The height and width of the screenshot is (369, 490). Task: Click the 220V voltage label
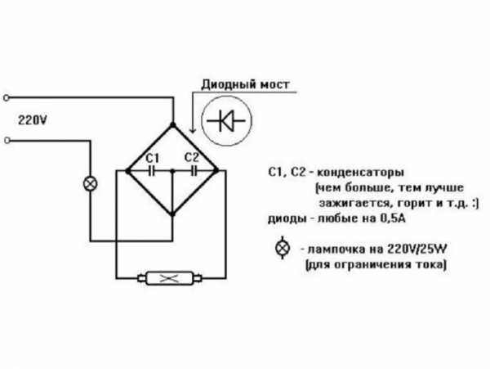tap(33, 120)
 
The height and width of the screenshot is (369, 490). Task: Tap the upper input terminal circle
tap(7, 98)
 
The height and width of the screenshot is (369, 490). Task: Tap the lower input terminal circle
tap(7, 141)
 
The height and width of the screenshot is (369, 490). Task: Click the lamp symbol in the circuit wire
tap(91, 184)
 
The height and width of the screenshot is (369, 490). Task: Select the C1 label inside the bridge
tap(153, 158)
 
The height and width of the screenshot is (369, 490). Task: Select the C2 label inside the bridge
tap(192, 157)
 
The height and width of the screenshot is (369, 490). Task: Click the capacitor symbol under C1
tap(152, 171)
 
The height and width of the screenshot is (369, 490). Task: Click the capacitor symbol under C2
tap(194, 171)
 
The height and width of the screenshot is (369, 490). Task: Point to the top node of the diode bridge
tap(172, 125)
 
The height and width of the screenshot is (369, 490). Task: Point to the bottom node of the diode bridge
tap(172, 214)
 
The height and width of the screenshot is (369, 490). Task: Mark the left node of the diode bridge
tap(128, 171)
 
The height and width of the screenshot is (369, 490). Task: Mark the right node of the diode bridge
tap(216, 170)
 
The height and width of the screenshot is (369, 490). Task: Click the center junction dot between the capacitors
tap(172, 171)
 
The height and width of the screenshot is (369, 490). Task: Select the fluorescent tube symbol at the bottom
tap(170, 278)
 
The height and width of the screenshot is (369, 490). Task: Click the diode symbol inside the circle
tap(226, 121)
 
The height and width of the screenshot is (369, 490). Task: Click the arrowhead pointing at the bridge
tap(193, 128)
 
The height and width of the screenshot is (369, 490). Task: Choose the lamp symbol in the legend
tap(283, 248)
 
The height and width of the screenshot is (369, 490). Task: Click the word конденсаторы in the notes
tap(361, 173)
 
